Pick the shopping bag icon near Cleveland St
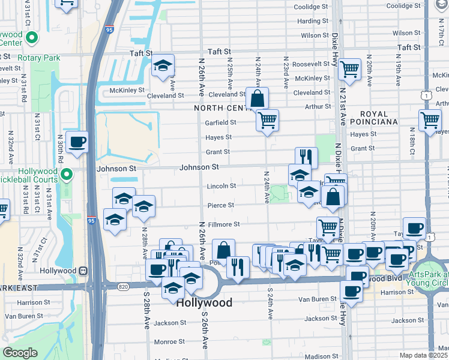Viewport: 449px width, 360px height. click(257, 98)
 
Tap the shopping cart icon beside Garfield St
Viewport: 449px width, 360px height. click(267, 119)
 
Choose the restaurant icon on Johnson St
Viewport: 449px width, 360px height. click(306, 157)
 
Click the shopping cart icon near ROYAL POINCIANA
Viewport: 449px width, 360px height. click(430, 120)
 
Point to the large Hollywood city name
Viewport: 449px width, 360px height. click(204, 303)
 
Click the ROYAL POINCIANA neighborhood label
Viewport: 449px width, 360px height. click(379, 118)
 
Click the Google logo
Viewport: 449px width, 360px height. click(20, 353)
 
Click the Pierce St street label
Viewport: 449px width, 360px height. click(220, 205)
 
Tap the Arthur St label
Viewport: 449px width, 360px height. click(318, 106)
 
